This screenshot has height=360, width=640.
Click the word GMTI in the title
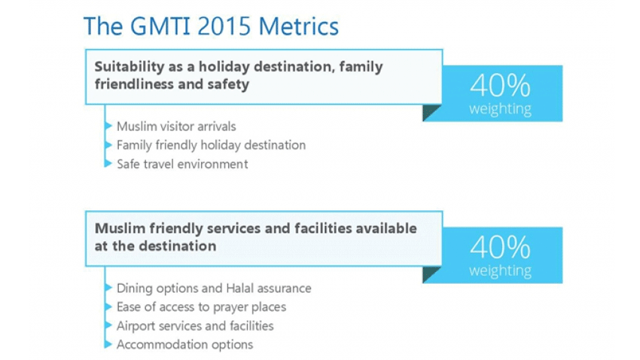[x=160, y=26]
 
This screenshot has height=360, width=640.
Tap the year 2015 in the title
[x=224, y=26]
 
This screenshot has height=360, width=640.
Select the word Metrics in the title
[x=299, y=26]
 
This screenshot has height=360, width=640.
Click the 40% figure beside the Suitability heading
[x=500, y=85]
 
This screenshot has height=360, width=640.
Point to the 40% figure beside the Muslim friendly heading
[x=500, y=247]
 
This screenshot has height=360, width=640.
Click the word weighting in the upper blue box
[x=500, y=109]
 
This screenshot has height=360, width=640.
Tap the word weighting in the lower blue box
[x=500, y=270]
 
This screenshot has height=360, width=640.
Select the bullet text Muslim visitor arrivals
[x=176, y=127]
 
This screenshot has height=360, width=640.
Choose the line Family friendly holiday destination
[x=211, y=145]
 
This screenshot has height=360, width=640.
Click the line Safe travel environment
[x=182, y=164]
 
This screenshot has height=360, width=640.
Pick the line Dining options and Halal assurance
[x=214, y=288]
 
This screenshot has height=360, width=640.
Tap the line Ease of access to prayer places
[x=201, y=307]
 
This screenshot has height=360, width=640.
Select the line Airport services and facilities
[x=195, y=325]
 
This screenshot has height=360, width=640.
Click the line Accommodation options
[x=185, y=344]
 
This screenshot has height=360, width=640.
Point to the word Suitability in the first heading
[x=130, y=66]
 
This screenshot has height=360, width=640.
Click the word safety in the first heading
[x=228, y=84]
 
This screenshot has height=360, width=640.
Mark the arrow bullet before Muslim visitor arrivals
[x=108, y=126]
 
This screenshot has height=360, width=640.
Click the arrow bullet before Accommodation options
[x=108, y=344]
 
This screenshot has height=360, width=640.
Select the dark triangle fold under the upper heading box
[x=429, y=111]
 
